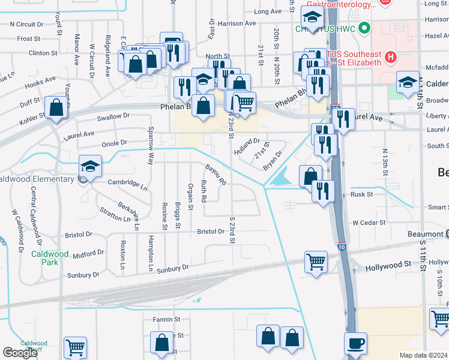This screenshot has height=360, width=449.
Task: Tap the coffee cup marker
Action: click(355, 343)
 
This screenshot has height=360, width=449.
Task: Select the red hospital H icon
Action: click(391, 58)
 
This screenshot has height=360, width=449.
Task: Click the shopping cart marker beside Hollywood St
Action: click(315, 262)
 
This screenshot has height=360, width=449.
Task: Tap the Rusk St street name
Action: click(361, 194)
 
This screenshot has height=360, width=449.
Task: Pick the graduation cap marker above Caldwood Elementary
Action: click(91, 166)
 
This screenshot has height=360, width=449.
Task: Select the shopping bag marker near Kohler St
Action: click(56, 108)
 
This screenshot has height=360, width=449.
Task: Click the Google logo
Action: click(20, 353)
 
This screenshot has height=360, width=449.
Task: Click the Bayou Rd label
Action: click(215, 174)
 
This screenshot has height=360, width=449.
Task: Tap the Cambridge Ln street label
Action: click(127, 184)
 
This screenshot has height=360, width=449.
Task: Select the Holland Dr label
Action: click(247, 146)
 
